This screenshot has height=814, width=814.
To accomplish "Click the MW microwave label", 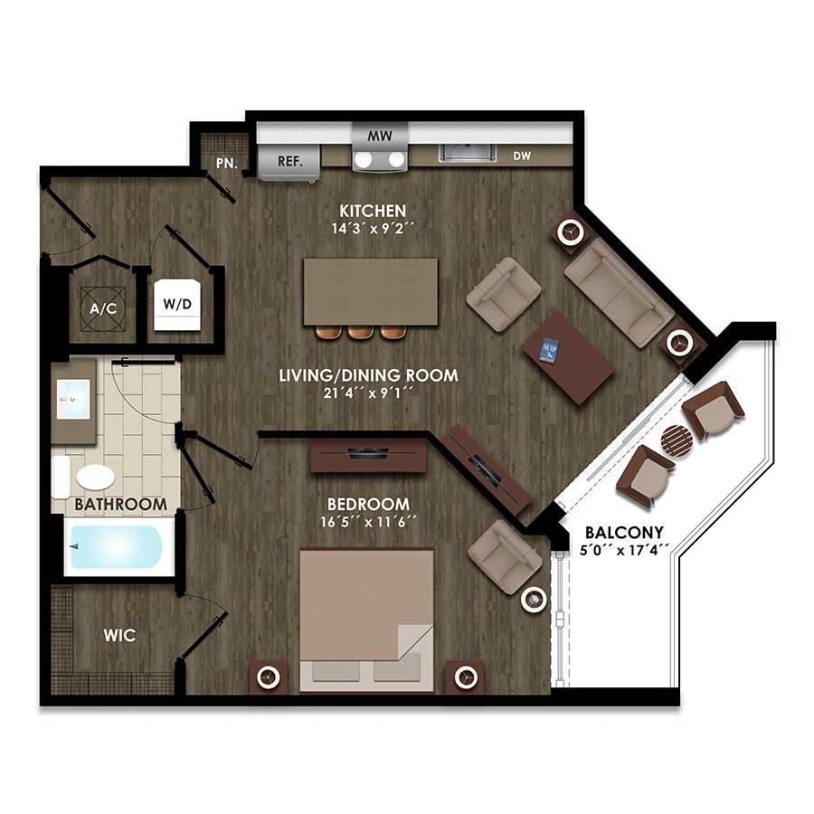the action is click(380, 136).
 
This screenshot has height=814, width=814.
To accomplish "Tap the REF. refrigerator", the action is click(289, 162).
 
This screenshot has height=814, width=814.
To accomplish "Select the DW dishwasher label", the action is click(522, 156).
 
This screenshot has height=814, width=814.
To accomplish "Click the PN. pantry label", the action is click(227, 163).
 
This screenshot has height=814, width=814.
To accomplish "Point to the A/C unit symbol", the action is click(103, 308).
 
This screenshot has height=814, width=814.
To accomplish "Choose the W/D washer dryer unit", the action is click(177, 305).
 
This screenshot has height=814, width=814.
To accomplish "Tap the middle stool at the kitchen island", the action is click(361, 332).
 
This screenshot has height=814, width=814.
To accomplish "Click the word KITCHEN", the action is click(373, 211).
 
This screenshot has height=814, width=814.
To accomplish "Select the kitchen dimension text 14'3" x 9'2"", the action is click(373, 229).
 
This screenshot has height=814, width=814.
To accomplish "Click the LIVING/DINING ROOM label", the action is click(369, 375).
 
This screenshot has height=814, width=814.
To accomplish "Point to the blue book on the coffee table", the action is click(549, 349).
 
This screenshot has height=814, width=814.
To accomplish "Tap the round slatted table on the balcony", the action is click(677, 440).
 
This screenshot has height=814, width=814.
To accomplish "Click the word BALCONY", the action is click(624, 533).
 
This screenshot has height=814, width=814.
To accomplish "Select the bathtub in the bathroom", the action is click(117, 547).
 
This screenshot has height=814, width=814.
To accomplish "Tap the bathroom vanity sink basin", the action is click(73, 399).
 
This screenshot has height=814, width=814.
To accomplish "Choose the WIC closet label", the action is click(119, 636).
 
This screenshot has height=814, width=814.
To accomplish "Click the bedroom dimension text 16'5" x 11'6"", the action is click(368, 522).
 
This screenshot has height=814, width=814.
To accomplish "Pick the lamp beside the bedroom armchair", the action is click(534, 601).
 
